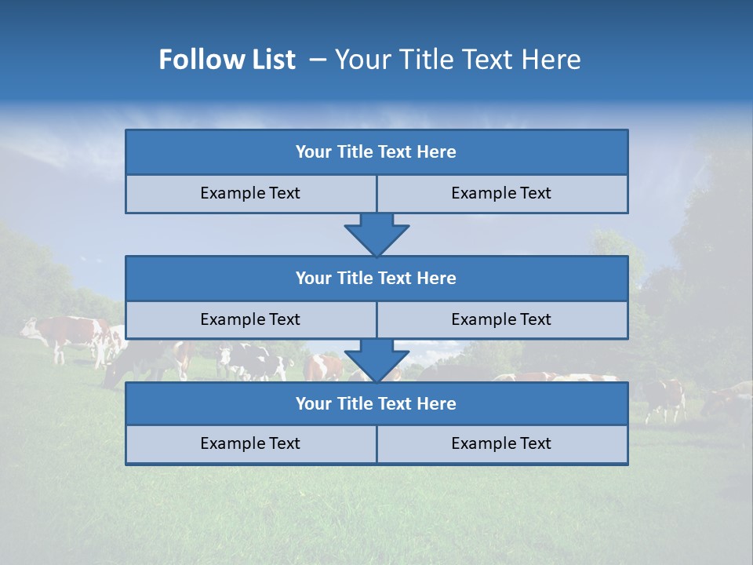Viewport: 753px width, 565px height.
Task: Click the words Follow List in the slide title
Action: (x=227, y=60)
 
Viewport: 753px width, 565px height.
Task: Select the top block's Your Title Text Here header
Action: (x=376, y=152)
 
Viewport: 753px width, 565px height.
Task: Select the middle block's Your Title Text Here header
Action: (x=376, y=278)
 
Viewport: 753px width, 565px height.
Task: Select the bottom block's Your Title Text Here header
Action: (x=376, y=403)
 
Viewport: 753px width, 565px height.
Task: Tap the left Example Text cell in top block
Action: (x=250, y=193)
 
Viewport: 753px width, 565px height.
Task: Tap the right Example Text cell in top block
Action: (x=501, y=193)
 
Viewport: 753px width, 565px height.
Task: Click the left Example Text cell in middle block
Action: (x=250, y=319)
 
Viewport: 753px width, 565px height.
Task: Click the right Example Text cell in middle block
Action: (x=501, y=319)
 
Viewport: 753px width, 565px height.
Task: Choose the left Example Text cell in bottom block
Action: (x=250, y=443)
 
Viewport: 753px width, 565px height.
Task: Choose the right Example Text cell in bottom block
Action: (x=501, y=443)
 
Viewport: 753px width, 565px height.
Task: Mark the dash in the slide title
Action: (x=318, y=60)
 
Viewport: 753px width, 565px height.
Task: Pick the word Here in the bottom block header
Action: (x=437, y=403)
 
